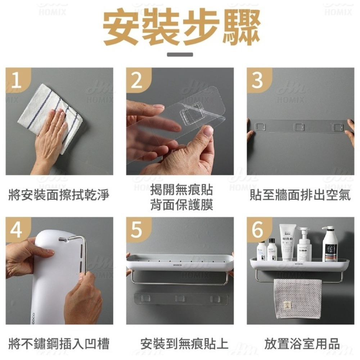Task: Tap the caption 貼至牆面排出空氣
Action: pos(300,195)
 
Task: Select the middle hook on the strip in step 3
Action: pos(300,127)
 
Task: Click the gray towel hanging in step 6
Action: pos(297,298)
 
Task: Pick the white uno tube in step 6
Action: pos(288,241)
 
